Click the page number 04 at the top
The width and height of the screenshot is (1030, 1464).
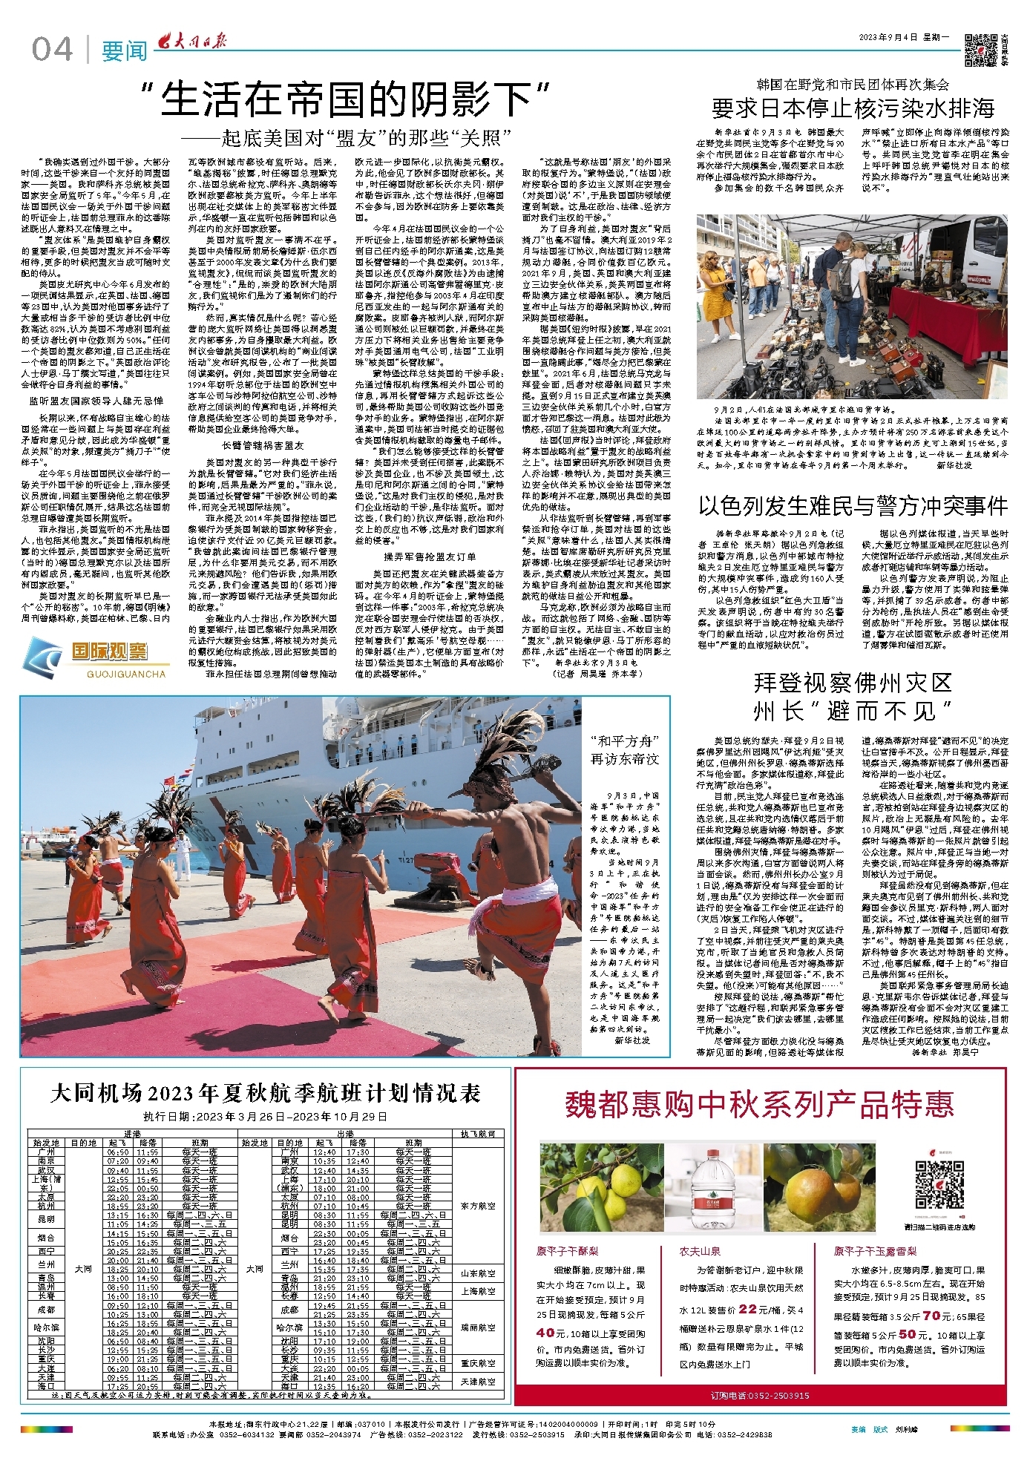click(x=52, y=50)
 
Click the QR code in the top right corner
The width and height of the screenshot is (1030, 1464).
click(x=980, y=50)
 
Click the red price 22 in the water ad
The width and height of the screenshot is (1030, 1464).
click(x=748, y=1310)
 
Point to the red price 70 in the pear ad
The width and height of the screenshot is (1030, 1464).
click(x=931, y=1316)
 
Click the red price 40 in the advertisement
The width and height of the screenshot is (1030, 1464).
click(x=546, y=1333)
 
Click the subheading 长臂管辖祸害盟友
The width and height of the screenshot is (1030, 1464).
click(x=263, y=445)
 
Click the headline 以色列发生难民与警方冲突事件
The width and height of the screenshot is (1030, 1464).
click(x=853, y=506)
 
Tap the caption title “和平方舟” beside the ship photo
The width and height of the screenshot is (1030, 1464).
click(x=625, y=741)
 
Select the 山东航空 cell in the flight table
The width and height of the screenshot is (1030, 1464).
click(x=478, y=1273)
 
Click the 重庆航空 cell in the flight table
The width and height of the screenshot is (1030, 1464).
click(x=478, y=1363)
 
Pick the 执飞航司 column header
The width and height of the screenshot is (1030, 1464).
click(x=478, y=1134)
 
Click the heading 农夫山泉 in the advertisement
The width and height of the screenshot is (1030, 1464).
click(x=700, y=1251)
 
